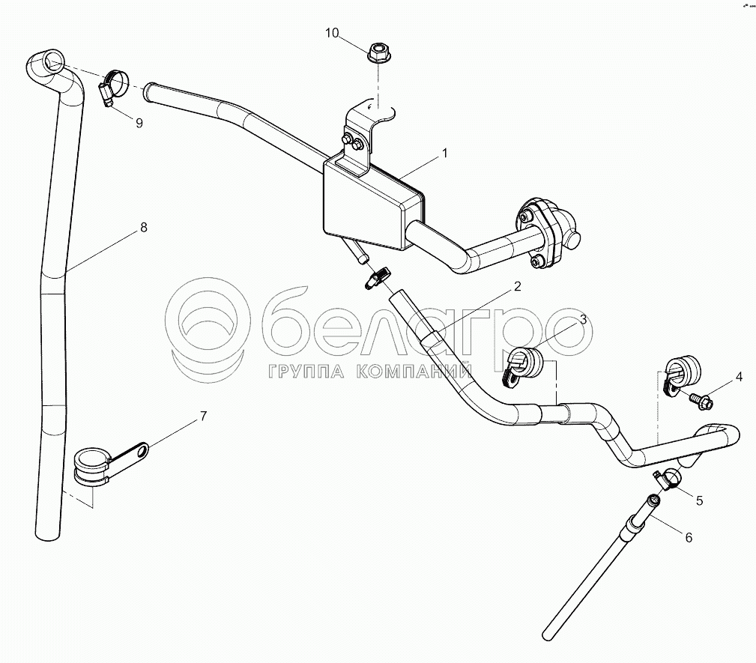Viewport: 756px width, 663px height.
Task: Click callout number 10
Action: point(332,33)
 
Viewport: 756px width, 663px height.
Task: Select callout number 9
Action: point(139,123)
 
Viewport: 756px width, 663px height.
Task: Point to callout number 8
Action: point(143,228)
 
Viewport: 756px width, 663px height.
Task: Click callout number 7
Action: point(202,417)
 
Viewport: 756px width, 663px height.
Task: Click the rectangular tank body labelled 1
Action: point(367,206)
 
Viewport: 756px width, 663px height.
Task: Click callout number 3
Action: point(582,321)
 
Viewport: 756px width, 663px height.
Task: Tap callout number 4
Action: point(739,377)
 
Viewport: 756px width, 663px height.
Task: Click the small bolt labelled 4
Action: point(702,403)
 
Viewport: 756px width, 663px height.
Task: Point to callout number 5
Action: point(699,500)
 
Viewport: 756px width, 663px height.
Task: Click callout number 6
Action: point(689,536)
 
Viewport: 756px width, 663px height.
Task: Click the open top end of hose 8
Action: point(50,60)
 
